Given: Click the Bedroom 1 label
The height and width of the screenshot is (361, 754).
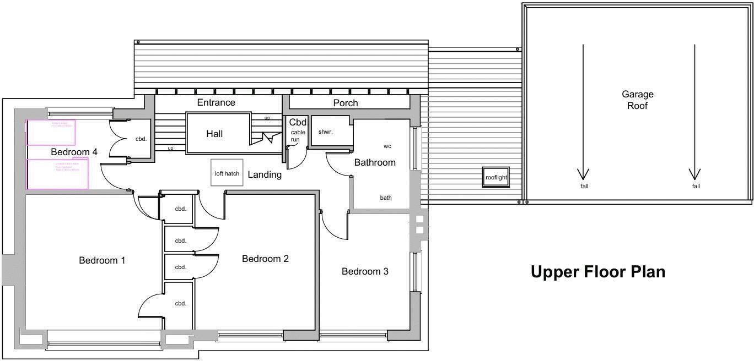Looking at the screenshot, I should pyautogui.click(x=102, y=260).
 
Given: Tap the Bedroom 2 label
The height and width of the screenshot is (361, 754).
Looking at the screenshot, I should pyautogui.click(x=265, y=259).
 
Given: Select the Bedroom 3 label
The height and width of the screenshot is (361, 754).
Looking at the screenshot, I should pyautogui.click(x=365, y=271).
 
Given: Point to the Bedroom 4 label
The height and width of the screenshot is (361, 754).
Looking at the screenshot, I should pyautogui.click(x=74, y=152).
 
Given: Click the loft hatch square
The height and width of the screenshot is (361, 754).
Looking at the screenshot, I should pyautogui.click(x=227, y=173).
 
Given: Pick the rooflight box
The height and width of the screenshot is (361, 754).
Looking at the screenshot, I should pyautogui.click(x=496, y=178).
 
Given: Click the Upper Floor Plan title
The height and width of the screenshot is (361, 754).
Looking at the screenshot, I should pyautogui.click(x=597, y=272).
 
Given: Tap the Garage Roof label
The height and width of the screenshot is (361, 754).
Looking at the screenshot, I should pyautogui.click(x=637, y=100).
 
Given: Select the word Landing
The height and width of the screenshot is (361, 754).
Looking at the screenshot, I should pyautogui.click(x=265, y=175).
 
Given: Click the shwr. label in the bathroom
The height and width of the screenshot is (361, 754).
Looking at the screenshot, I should pyautogui.click(x=326, y=132).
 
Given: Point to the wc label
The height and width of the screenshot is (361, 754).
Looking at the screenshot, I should pyautogui.click(x=387, y=146).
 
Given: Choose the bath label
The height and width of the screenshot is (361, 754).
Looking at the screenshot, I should pyautogui.click(x=386, y=198).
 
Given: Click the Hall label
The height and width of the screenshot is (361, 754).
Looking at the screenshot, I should pyautogui.click(x=214, y=134).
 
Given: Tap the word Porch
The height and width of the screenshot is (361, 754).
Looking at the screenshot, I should pyautogui.click(x=346, y=103).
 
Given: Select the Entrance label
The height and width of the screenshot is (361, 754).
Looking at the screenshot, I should pyautogui.click(x=216, y=102).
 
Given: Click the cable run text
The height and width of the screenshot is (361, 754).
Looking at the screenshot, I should pyautogui.click(x=298, y=136).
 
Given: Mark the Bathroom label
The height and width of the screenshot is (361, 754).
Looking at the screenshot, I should pyautogui.click(x=375, y=162).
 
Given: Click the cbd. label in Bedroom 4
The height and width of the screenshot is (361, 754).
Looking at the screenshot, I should pyautogui.click(x=141, y=139).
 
